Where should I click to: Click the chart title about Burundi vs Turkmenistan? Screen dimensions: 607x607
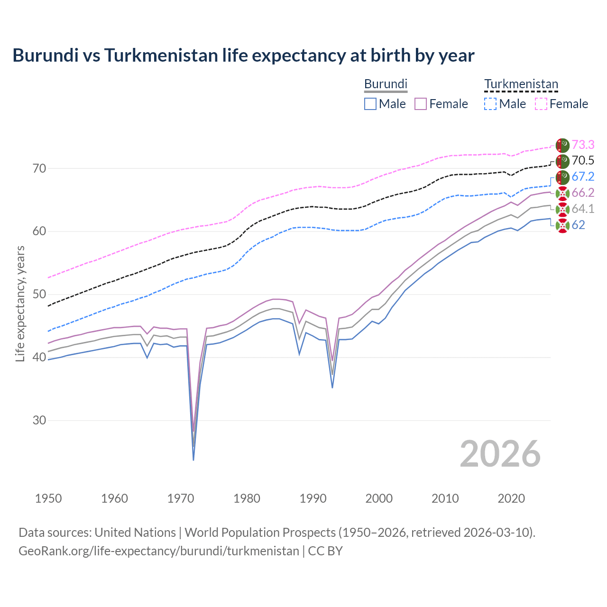(x=243, y=55)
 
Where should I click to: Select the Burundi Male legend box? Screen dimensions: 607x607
(x=370, y=104)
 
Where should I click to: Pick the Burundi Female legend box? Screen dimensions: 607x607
(x=421, y=104)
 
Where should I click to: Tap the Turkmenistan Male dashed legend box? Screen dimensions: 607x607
(x=490, y=104)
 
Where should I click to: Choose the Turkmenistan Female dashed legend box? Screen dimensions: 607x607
(x=541, y=104)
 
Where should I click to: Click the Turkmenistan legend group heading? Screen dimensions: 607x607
(x=521, y=84)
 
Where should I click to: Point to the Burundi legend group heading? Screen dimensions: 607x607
(x=386, y=84)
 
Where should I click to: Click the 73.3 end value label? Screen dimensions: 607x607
(x=583, y=145)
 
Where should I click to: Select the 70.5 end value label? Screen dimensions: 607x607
(x=583, y=161)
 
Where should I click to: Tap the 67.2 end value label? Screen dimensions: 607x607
(x=583, y=177)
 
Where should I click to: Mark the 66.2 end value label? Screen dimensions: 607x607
(x=583, y=193)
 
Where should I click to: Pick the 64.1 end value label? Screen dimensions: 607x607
(x=583, y=209)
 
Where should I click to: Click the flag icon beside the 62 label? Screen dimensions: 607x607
(x=562, y=226)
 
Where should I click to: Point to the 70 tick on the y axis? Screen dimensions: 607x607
(x=39, y=168)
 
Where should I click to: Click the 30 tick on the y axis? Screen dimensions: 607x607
(x=39, y=421)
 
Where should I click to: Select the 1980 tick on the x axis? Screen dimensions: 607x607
(x=247, y=498)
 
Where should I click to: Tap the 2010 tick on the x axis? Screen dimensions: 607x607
(x=445, y=498)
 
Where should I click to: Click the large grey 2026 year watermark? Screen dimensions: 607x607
(x=500, y=454)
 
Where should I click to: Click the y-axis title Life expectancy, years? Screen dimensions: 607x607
(x=20, y=303)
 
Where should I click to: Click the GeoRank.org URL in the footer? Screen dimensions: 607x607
(x=159, y=551)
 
